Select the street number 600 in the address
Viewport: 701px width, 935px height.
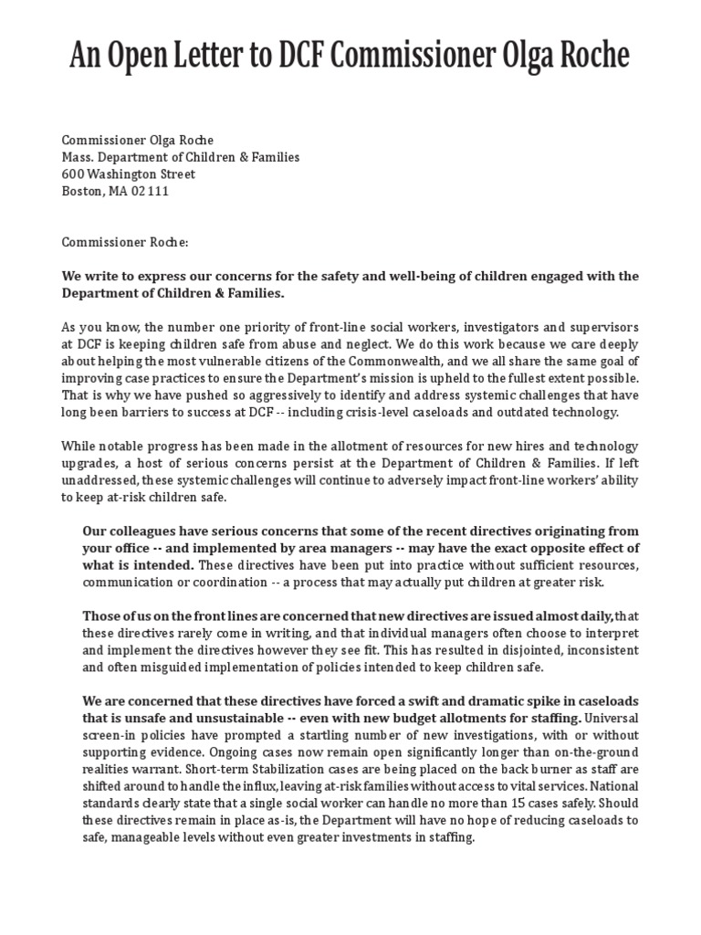[73, 173]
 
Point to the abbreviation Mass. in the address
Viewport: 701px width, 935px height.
[78, 157]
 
